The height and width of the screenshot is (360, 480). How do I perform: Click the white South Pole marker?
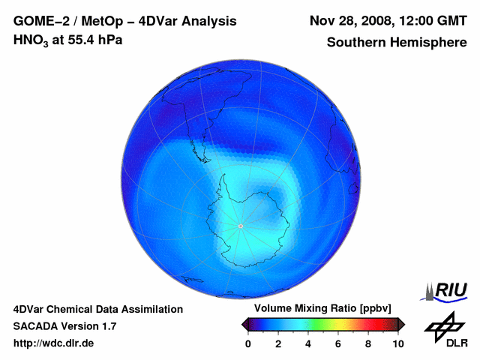coord(240,226)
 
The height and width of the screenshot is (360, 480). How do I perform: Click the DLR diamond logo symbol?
coord(443,325)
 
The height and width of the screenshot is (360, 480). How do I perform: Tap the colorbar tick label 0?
coord(248,343)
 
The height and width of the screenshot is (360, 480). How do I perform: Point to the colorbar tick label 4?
coord(308,343)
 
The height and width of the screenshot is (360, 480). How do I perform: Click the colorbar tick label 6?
coord(338,343)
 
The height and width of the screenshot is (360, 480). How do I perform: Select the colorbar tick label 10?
coord(398,343)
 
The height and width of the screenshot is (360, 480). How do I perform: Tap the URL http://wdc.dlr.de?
coord(54,343)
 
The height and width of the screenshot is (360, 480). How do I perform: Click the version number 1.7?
coord(107,326)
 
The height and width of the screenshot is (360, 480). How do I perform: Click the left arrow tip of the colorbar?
coord(243,324)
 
